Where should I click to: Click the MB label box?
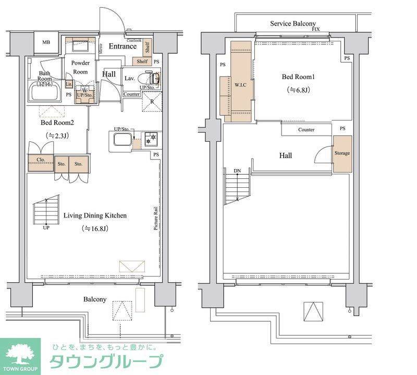[46, 43]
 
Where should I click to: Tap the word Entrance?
[122, 46]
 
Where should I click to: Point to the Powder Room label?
[80, 67]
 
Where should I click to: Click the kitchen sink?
[121, 139]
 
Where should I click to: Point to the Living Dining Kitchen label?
[95, 215]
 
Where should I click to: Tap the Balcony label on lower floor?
[95, 299]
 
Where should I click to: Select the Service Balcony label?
[292, 23]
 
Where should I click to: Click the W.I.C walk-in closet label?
[240, 84]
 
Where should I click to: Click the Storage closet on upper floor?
[342, 154]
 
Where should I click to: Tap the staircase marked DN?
[238, 186]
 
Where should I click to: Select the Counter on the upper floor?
[306, 129]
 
